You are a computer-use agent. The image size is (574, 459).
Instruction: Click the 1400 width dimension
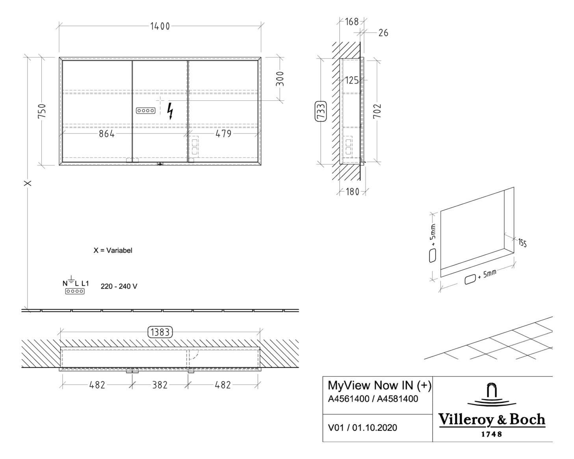[x=160, y=26]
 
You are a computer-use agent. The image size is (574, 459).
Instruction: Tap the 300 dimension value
[x=279, y=79]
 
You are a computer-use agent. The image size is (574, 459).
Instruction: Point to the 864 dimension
[x=106, y=134]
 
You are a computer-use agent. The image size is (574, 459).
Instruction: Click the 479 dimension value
[x=223, y=134]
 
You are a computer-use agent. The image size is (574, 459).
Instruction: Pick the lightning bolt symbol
[x=170, y=111]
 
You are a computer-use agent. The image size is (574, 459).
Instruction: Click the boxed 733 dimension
[x=321, y=111]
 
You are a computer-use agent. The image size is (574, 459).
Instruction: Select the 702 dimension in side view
[x=377, y=111]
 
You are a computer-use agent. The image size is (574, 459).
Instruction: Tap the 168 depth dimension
[x=351, y=22]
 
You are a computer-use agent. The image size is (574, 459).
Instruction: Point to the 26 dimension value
[x=383, y=33]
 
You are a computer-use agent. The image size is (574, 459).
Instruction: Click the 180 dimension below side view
[x=352, y=192]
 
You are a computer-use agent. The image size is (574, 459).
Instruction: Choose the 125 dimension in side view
[x=352, y=81]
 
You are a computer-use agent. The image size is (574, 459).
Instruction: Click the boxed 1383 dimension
[x=160, y=332]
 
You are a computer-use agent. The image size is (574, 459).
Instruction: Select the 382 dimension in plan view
[x=160, y=385]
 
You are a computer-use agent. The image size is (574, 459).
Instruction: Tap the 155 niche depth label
[x=522, y=243]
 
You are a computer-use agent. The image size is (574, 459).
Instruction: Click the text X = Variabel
[x=113, y=250]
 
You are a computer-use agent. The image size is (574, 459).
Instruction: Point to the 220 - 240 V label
[x=119, y=287]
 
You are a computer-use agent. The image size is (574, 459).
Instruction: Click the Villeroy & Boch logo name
[x=492, y=420]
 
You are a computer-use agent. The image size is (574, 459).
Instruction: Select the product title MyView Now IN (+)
[x=379, y=385]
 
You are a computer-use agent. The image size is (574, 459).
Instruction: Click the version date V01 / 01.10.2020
[x=362, y=428]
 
